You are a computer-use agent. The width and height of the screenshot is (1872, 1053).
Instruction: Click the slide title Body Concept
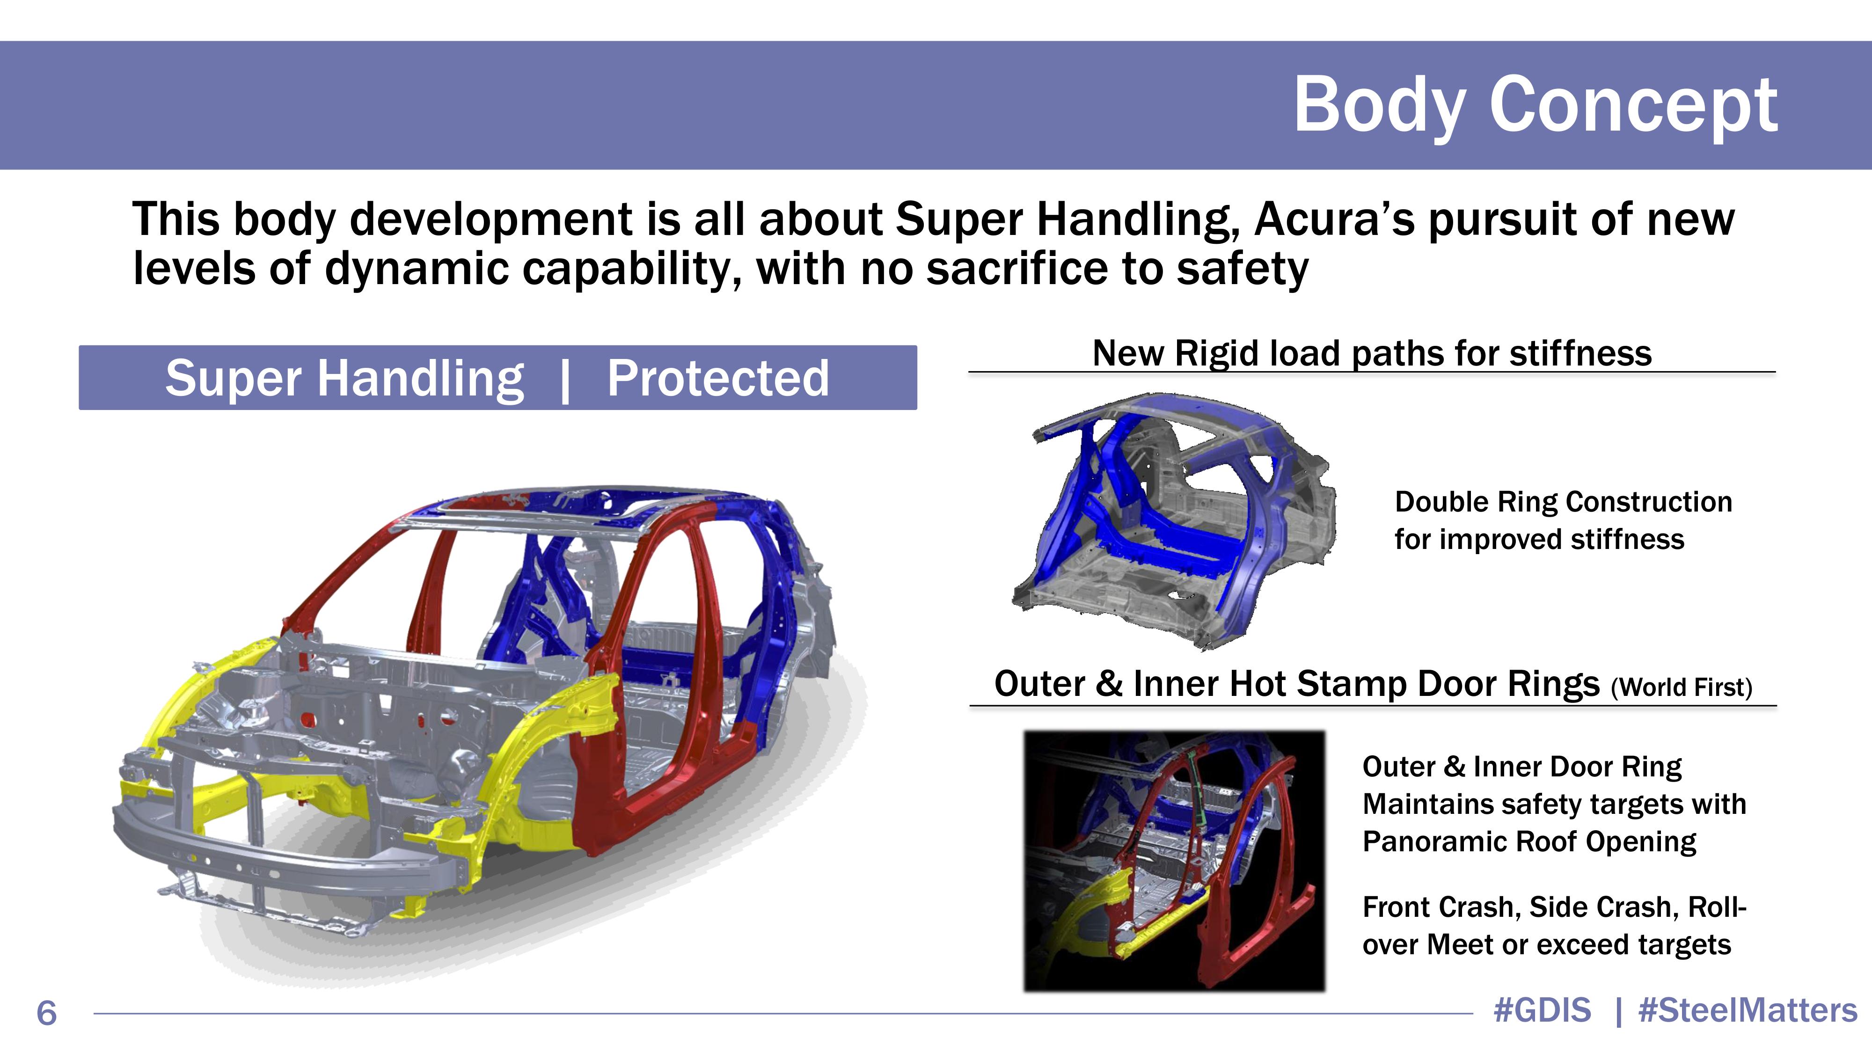click(1536, 106)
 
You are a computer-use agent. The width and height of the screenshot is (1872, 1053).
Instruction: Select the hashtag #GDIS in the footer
click(1542, 1010)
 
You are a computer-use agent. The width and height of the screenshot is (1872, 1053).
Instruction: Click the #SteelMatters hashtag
click(1748, 1010)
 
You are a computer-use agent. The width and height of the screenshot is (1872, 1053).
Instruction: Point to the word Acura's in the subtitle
click(1334, 219)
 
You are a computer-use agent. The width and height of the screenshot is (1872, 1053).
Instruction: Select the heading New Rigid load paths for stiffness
click(1372, 353)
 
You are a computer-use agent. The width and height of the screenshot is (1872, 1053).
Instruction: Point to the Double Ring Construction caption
click(1563, 501)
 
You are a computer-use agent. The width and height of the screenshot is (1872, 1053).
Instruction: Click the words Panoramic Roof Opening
click(1529, 841)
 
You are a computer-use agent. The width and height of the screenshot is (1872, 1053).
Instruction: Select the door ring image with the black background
click(1174, 861)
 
